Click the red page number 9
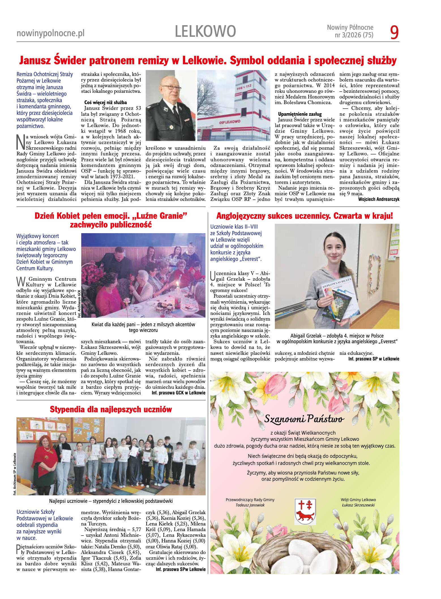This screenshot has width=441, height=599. pyautogui.click(x=394, y=32)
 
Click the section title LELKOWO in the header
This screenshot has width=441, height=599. pyautogui.click(x=205, y=31)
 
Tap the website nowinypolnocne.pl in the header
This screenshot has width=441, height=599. pyautogui.click(x=50, y=33)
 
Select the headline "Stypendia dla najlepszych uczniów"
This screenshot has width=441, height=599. pyautogui.click(x=111, y=409)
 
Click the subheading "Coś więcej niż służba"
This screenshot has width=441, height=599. pyautogui.click(x=106, y=102)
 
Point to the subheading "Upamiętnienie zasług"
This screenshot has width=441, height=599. pyautogui.click(x=300, y=114)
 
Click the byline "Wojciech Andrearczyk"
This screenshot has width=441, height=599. pyautogui.click(x=378, y=199)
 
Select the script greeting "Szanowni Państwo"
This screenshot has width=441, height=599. pyautogui.click(x=304, y=418)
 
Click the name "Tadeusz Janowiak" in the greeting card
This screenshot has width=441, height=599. pyautogui.click(x=250, y=505)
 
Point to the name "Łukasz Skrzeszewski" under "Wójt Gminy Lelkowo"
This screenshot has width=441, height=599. pyautogui.click(x=358, y=505)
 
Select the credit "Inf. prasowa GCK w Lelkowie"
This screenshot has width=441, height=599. pyautogui.click(x=178, y=393)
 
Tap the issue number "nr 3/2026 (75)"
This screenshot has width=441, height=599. pyautogui.click(x=354, y=35)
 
